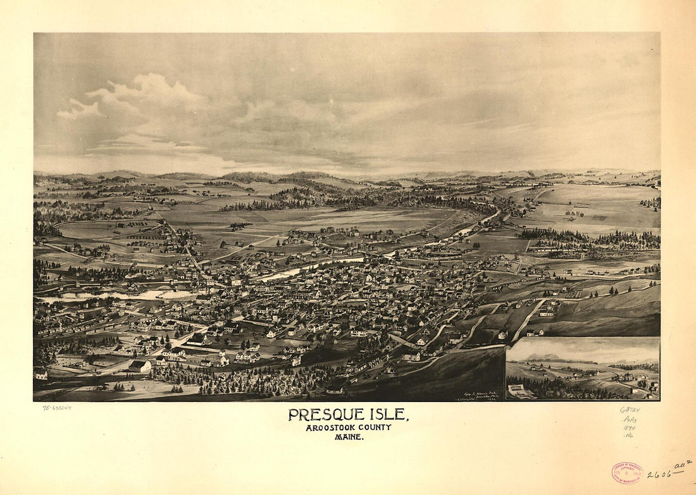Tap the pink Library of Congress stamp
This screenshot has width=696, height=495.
coord(627,472)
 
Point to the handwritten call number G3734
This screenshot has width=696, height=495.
coord(630,410)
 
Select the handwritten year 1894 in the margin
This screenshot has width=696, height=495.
coord(629,427)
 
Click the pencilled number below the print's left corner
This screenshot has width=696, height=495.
coord(57,408)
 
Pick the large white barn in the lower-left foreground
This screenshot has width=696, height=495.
coord(140,366)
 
